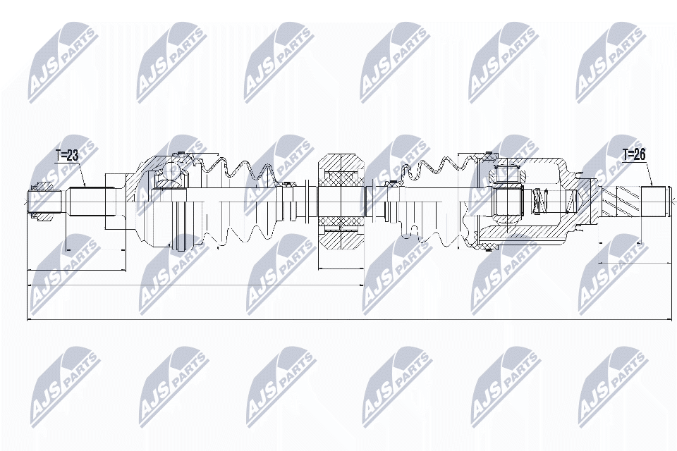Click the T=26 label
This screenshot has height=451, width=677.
(635, 155)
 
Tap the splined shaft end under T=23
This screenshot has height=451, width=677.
(87, 203)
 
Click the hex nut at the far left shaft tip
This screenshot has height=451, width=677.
(42, 203)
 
